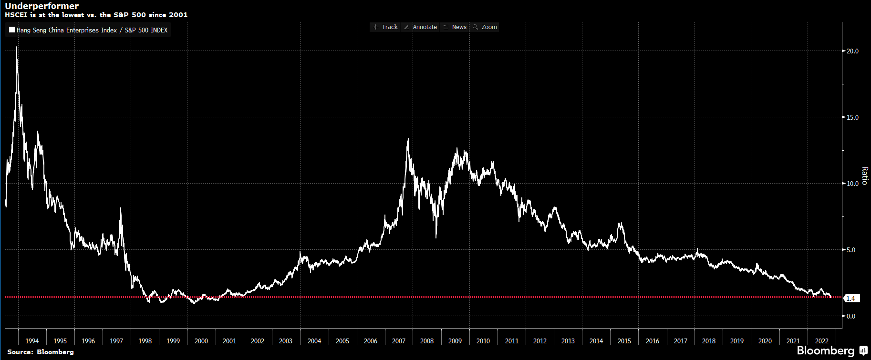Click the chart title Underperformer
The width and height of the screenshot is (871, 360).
[42, 6]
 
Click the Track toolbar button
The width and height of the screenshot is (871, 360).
[385, 27]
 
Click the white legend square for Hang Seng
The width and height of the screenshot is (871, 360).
[12, 30]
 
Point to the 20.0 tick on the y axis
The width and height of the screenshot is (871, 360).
[852, 51]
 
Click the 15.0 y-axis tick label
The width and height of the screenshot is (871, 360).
[852, 117]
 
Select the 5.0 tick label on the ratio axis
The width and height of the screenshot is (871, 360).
[851, 250]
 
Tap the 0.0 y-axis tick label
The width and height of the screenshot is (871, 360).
[851, 316]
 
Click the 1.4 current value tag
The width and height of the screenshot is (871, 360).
[851, 298]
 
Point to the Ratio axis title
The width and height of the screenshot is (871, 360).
[864, 175]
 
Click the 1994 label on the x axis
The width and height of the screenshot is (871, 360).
[32, 341]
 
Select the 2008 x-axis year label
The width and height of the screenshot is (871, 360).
[427, 341]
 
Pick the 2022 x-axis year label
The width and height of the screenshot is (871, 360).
[821, 341]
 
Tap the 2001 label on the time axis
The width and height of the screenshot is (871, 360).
[229, 341]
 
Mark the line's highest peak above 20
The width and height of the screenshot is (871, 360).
[17, 47]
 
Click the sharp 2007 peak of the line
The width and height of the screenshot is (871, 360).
[408, 139]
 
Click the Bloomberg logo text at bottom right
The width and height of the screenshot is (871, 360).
[826, 351]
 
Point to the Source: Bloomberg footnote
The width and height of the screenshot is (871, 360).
[41, 352]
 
